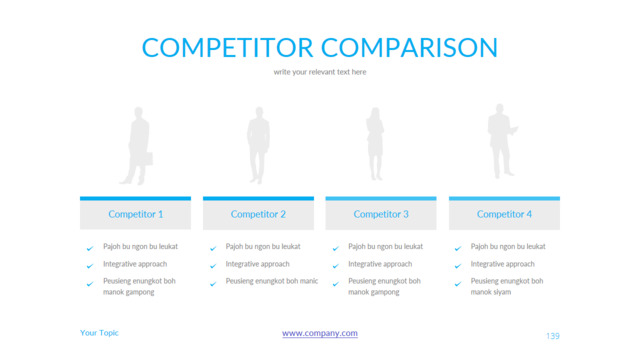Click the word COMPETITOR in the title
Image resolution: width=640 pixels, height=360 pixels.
227,47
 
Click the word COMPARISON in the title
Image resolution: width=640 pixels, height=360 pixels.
409,47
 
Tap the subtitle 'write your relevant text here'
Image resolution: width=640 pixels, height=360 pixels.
320,72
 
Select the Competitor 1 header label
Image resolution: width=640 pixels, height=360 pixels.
136,214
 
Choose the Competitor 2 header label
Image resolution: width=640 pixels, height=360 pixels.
258,214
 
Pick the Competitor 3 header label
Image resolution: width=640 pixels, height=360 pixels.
381,214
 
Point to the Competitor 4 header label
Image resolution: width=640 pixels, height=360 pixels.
504,214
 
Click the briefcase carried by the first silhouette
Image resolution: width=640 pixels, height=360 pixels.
147,159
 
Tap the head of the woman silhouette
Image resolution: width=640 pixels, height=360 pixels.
375,113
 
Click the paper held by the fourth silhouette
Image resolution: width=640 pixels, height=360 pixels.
514,130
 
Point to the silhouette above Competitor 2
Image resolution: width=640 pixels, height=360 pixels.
258,145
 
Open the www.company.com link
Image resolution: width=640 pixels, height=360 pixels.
320,333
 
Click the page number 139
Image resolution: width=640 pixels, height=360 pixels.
553,336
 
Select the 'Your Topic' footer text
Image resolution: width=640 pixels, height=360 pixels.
99,333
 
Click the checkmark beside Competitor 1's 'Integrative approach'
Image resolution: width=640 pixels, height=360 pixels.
90,266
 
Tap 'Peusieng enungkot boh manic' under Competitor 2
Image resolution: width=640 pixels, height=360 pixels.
272,281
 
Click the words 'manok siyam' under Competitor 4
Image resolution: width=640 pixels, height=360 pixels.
491,292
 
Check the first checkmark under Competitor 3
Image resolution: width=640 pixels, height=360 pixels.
336,248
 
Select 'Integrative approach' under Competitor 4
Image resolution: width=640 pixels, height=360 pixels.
502,264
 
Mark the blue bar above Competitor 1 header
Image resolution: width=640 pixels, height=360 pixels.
136,199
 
